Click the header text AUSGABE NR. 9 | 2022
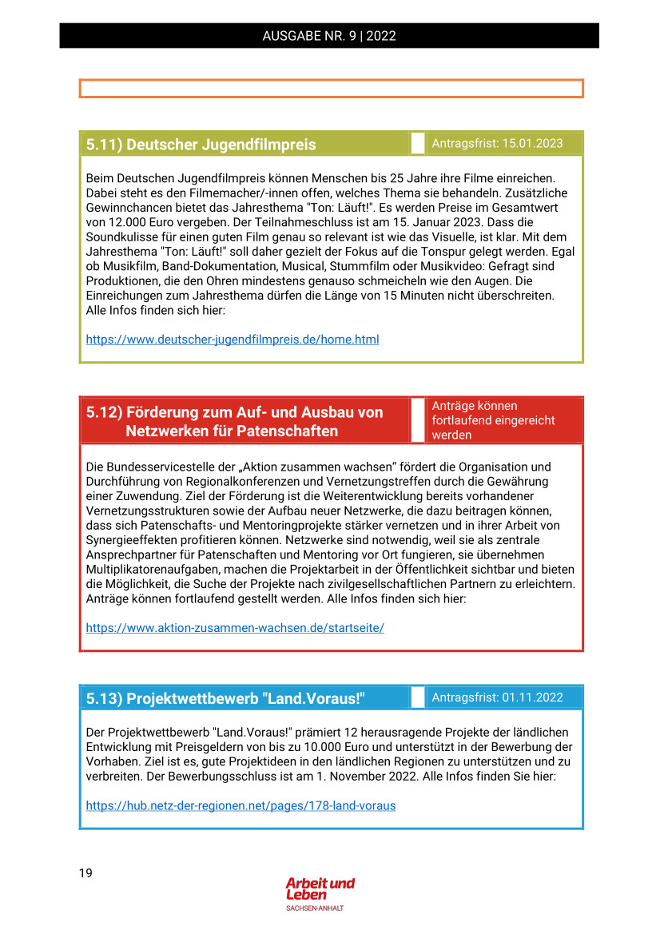[329, 36]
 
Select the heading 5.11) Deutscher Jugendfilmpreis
[201, 145]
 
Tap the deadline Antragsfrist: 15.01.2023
[497, 144]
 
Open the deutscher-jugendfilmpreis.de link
[233, 340]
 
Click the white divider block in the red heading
[417, 420]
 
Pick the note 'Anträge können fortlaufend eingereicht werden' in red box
[493, 420]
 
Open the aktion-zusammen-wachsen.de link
[235, 628]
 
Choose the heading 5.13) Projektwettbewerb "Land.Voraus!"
[225, 698]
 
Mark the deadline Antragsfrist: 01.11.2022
[497, 698]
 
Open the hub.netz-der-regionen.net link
[241, 805]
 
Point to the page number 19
[85, 872]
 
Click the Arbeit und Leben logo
[320, 889]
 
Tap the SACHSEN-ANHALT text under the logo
[315, 908]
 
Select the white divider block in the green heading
[417, 144]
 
